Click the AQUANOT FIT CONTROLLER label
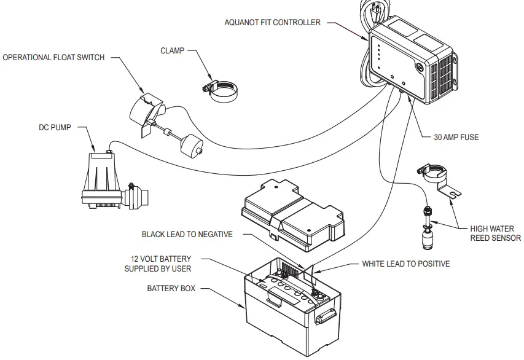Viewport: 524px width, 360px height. [273, 23]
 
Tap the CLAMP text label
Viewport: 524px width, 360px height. [173, 51]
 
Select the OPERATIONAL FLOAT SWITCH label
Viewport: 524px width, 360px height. [54, 58]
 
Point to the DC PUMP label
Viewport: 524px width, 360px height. [54, 128]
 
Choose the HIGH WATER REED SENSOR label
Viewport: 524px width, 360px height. [495, 233]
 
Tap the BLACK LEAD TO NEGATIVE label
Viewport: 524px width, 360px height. [187, 235]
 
